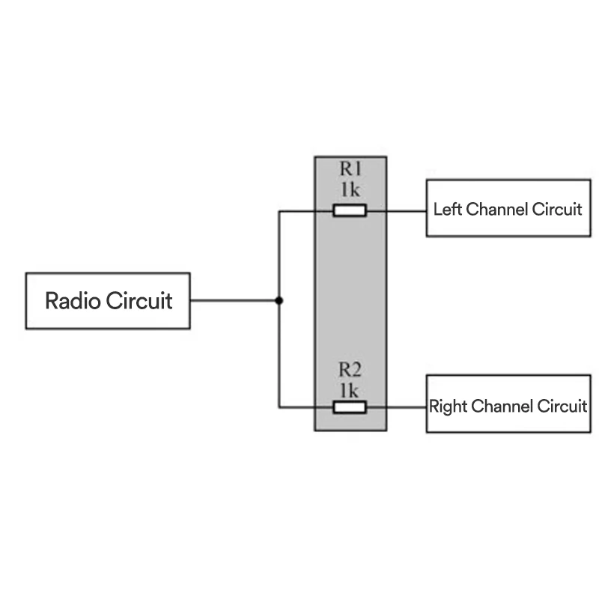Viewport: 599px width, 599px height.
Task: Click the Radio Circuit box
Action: click(x=108, y=300)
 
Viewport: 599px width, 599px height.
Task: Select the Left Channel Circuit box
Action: click(x=508, y=208)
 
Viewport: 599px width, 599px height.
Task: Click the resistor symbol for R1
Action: click(x=350, y=210)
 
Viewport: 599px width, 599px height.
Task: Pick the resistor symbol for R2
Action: click(x=350, y=407)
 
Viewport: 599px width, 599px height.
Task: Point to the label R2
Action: click(x=350, y=370)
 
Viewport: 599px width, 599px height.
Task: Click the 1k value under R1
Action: click(x=350, y=189)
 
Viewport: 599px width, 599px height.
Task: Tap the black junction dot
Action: click(x=279, y=301)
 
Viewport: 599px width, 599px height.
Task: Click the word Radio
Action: click(x=73, y=301)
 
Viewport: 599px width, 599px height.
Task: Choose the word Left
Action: click(x=448, y=209)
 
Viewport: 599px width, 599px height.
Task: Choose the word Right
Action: click(x=447, y=407)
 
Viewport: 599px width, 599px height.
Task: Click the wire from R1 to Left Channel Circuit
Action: click(x=397, y=210)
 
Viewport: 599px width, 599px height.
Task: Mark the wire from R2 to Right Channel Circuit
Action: click(x=397, y=407)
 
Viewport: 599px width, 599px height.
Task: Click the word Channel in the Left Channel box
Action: click(x=497, y=209)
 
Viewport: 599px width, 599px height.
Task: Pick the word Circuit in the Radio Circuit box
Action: click(x=139, y=301)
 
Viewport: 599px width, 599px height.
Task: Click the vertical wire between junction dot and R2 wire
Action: click(x=279, y=356)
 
